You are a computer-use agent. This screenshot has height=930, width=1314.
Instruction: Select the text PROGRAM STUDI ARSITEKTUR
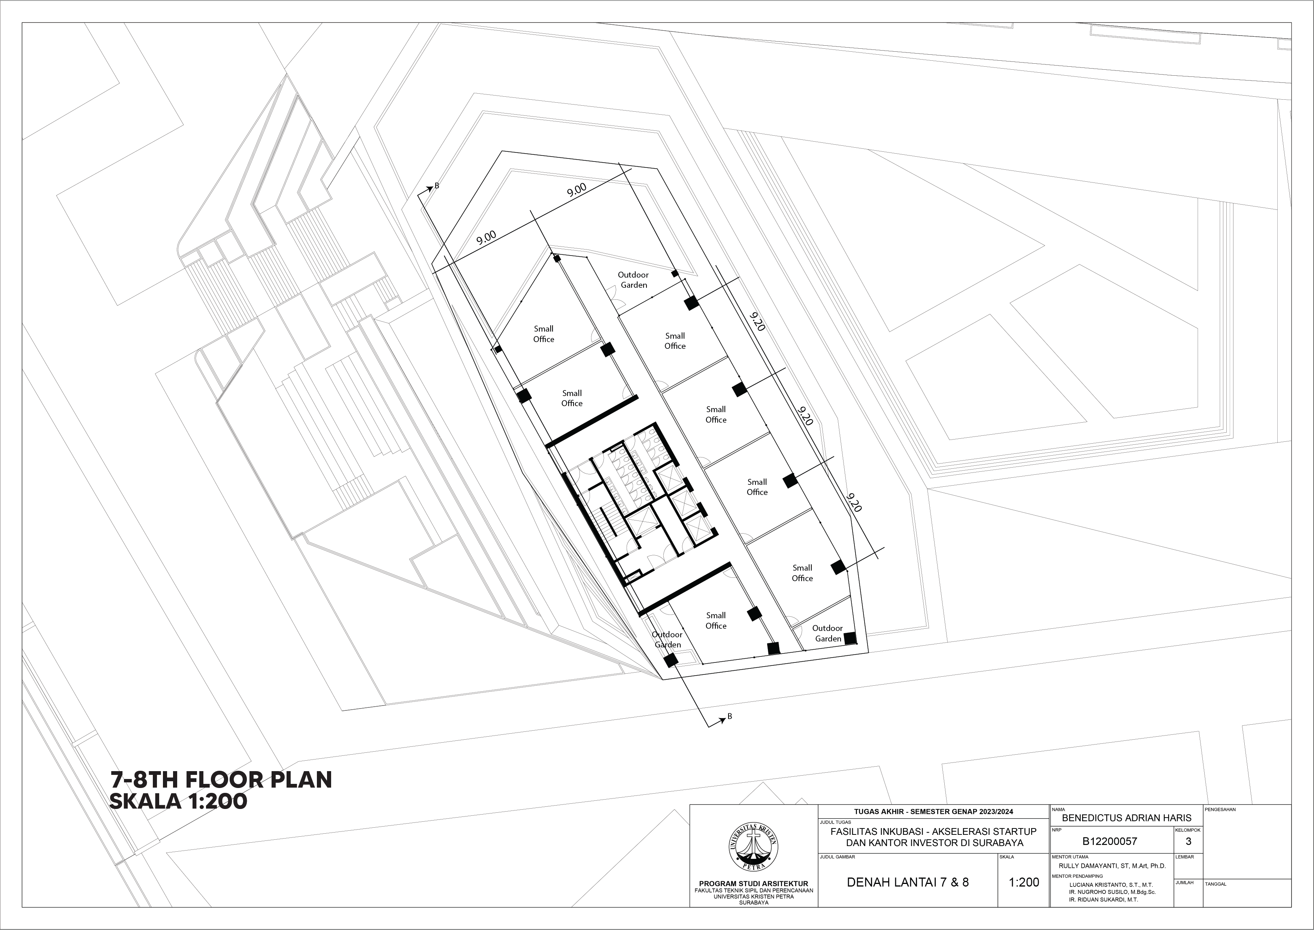pyautogui.click(x=754, y=884)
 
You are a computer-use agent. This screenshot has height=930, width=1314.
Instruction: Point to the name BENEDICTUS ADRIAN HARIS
pyautogui.click(x=1126, y=818)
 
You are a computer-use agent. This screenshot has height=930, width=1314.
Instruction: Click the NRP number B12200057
pyautogui.click(x=1110, y=841)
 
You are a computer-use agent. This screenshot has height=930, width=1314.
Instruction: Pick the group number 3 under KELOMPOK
pyautogui.click(x=1188, y=841)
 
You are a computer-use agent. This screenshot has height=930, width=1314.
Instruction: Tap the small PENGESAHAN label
pyautogui.click(x=1220, y=810)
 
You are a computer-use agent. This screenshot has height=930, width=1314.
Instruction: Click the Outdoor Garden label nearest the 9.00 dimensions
pyautogui.click(x=633, y=280)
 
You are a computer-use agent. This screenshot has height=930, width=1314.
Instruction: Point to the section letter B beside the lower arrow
pyautogui.click(x=730, y=716)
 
